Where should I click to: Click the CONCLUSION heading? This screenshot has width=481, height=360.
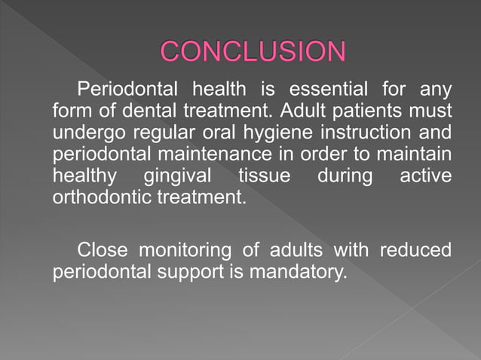tap(253, 51)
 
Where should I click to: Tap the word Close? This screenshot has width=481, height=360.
tap(104, 249)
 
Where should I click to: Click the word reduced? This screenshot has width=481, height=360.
tap(415, 249)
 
